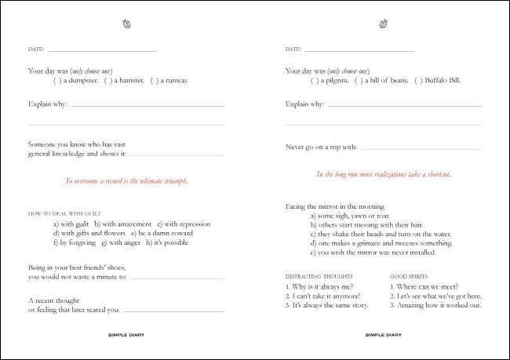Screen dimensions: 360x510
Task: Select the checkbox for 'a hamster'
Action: (109, 80)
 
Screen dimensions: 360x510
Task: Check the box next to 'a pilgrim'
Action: (314, 80)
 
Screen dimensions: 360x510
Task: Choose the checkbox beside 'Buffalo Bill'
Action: (418, 80)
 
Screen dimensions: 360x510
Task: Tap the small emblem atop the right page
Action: (384, 24)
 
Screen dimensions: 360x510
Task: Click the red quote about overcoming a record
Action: (126, 181)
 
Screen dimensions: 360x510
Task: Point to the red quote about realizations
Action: (383, 174)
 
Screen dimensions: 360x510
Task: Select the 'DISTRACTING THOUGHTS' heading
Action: (319, 276)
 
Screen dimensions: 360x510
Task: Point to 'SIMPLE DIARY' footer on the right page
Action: (383, 334)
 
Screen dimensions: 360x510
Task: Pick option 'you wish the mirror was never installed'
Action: (372, 253)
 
